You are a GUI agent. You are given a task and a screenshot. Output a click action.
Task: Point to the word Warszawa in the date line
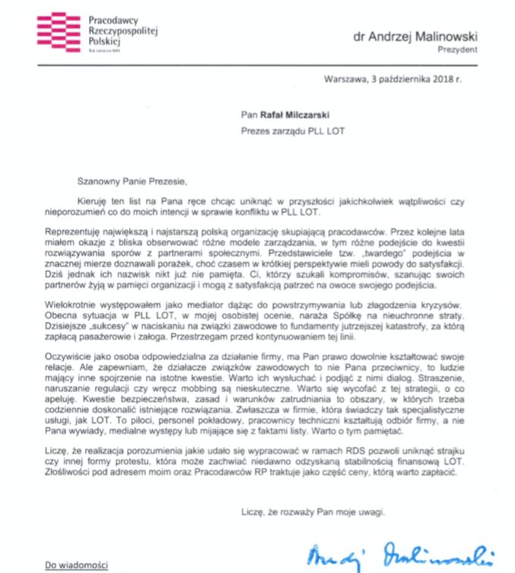pyautogui.click(x=344, y=79)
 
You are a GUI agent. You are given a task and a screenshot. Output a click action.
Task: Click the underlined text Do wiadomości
pyautogui.click(x=75, y=565)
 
